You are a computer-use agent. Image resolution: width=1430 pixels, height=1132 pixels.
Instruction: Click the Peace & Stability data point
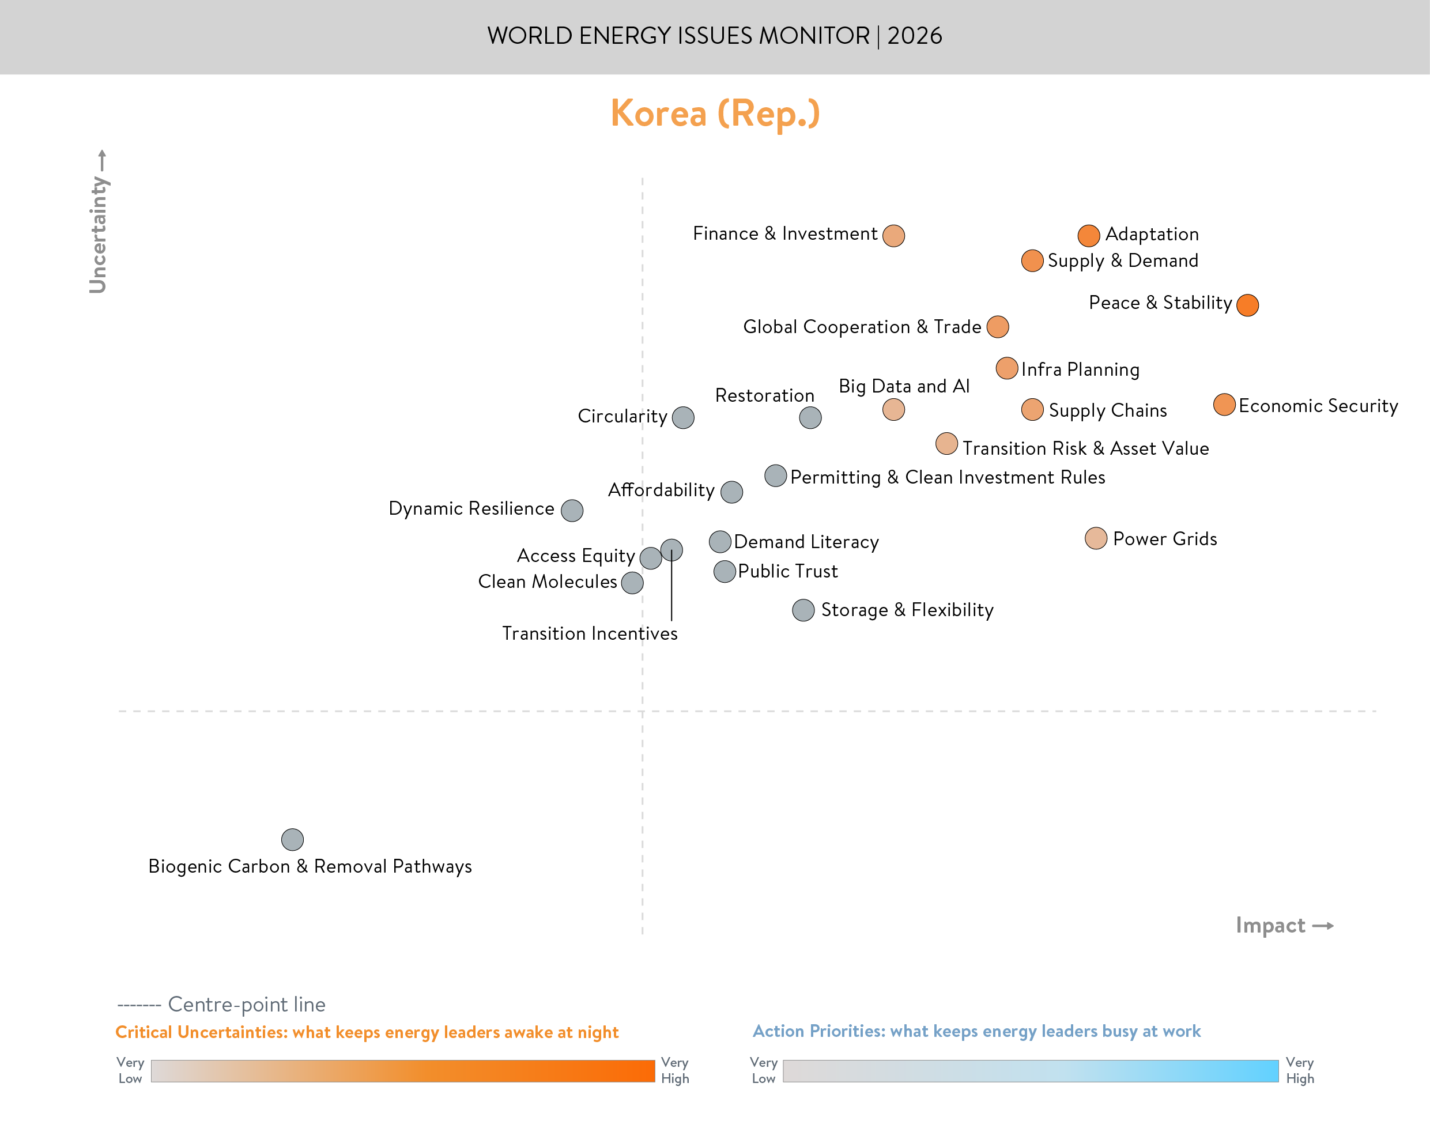click(1247, 305)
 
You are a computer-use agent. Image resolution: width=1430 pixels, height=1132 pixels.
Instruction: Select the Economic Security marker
click(1224, 404)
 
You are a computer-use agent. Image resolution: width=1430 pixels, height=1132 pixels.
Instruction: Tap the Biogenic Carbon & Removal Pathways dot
click(292, 839)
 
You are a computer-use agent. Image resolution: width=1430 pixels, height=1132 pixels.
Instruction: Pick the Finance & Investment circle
click(893, 235)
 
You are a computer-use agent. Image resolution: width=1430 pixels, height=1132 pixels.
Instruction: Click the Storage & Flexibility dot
click(803, 610)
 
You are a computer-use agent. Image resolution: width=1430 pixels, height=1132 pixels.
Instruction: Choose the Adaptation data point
click(1088, 235)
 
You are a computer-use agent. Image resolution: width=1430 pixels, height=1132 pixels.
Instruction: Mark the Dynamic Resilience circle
click(572, 510)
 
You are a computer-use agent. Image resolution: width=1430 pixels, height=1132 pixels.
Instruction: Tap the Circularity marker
click(682, 417)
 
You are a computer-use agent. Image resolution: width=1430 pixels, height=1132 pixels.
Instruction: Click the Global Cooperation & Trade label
click(862, 327)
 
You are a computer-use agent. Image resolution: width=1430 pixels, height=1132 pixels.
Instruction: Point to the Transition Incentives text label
click(589, 633)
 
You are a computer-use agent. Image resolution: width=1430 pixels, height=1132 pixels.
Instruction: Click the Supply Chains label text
click(1107, 410)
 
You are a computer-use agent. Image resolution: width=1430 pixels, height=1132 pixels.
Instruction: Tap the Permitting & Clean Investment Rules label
click(948, 477)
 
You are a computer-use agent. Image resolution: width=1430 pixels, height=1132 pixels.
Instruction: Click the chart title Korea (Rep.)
click(715, 114)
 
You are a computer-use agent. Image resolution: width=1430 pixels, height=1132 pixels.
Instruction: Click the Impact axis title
click(1270, 925)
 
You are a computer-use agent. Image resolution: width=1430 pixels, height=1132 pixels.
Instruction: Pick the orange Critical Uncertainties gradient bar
click(402, 1071)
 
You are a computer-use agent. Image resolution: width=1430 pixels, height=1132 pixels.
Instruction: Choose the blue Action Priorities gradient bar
click(1030, 1071)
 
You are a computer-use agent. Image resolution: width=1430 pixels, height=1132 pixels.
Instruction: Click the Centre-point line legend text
click(247, 1005)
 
